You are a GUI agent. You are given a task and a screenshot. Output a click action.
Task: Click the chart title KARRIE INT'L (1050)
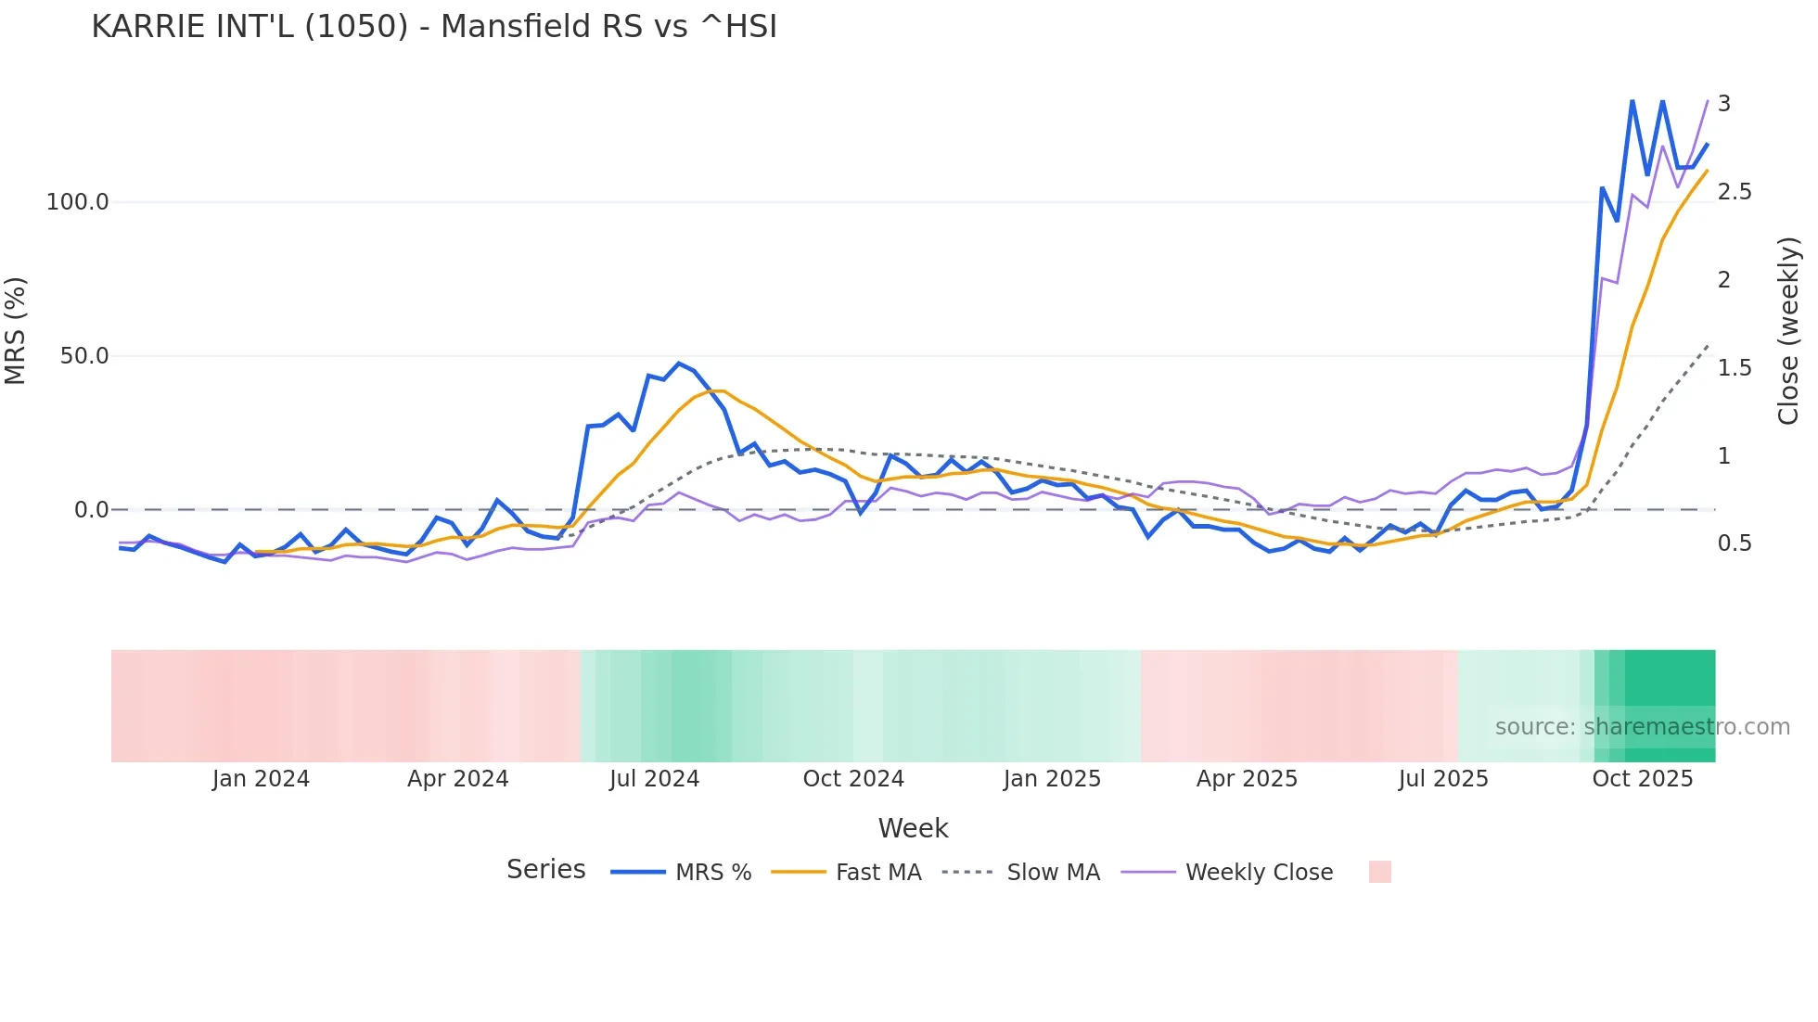pyautogui.click(x=434, y=27)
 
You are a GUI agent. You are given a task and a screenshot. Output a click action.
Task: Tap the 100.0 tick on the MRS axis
pyautogui.click(x=78, y=202)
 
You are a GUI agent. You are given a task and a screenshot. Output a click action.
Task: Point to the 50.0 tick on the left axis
pyautogui.click(x=84, y=356)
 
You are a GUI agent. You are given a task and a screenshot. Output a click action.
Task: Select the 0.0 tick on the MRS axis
pyautogui.click(x=92, y=510)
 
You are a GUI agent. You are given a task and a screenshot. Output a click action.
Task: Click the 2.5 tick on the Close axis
pyautogui.click(x=1735, y=192)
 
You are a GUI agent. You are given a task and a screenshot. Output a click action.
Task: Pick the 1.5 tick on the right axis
pyautogui.click(x=1735, y=368)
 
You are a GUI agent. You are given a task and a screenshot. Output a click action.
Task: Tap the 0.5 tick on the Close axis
pyautogui.click(x=1735, y=543)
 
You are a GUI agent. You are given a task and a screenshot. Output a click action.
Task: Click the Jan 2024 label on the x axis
pyautogui.click(x=261, y=779)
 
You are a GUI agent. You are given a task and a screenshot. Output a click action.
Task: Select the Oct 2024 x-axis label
pyautogui.click(x=853, y=779)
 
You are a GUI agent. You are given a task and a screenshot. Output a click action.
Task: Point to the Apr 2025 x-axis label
pyautogui.click(x=1247, y=779)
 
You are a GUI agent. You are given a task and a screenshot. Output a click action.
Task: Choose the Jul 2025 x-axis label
pyautogui.click(x=1443, y=779)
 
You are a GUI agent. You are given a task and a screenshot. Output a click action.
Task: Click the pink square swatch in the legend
pyautogui.click(x=1380, y=872)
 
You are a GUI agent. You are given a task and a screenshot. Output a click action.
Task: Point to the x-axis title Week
pyautogui.click(x=913, y=828)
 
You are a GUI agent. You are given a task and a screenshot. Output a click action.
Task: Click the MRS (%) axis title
pyautogui.click(x=16, y=331)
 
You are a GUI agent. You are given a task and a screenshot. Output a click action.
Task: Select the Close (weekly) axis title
pyautogui.click(x=1788, y=331)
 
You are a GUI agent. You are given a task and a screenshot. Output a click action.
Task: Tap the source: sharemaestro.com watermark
pyautogui.click(x=1642, y=727)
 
